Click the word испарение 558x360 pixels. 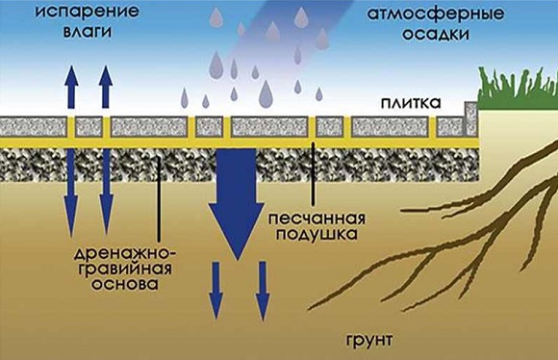[87, 13]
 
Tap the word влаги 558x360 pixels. [88, 32]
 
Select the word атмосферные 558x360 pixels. [436, 15]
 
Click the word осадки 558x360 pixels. [436, 35]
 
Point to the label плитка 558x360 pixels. [411, 103]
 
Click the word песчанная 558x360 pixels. [317, 219]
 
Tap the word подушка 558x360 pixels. [317, 235]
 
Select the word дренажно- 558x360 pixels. [124, 254]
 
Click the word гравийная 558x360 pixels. [125, 270]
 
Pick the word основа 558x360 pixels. [125, 285]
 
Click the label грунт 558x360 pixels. [369, 341]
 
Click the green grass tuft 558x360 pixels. [518, 89]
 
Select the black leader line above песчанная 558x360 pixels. [313, 174]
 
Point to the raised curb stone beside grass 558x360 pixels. [471, 118]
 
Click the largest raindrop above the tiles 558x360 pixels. [266, 93]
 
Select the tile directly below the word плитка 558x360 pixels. [390, 127]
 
